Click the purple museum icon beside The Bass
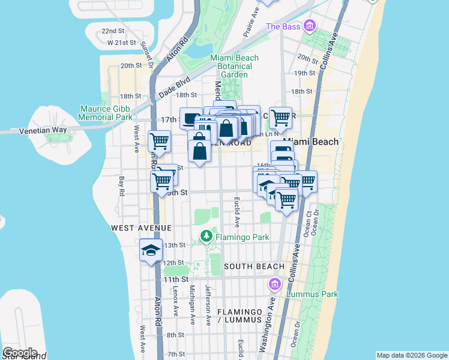coord(310,26)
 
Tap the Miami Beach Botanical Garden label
coord(234,66)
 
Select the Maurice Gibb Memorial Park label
coord(105,113)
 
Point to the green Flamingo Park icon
coord(207,237)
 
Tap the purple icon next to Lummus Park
coord(276,283)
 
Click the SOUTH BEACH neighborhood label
coord(254,266)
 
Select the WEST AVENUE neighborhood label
coord(142,229)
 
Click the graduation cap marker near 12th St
coord(151,251)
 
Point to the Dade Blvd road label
coord(175,87)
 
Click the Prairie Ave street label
coord(251,23)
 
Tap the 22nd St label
coord(113,31)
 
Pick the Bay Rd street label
coord(121,186)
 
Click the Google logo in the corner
coord(20,352)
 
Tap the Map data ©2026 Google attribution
coord(411,355)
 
